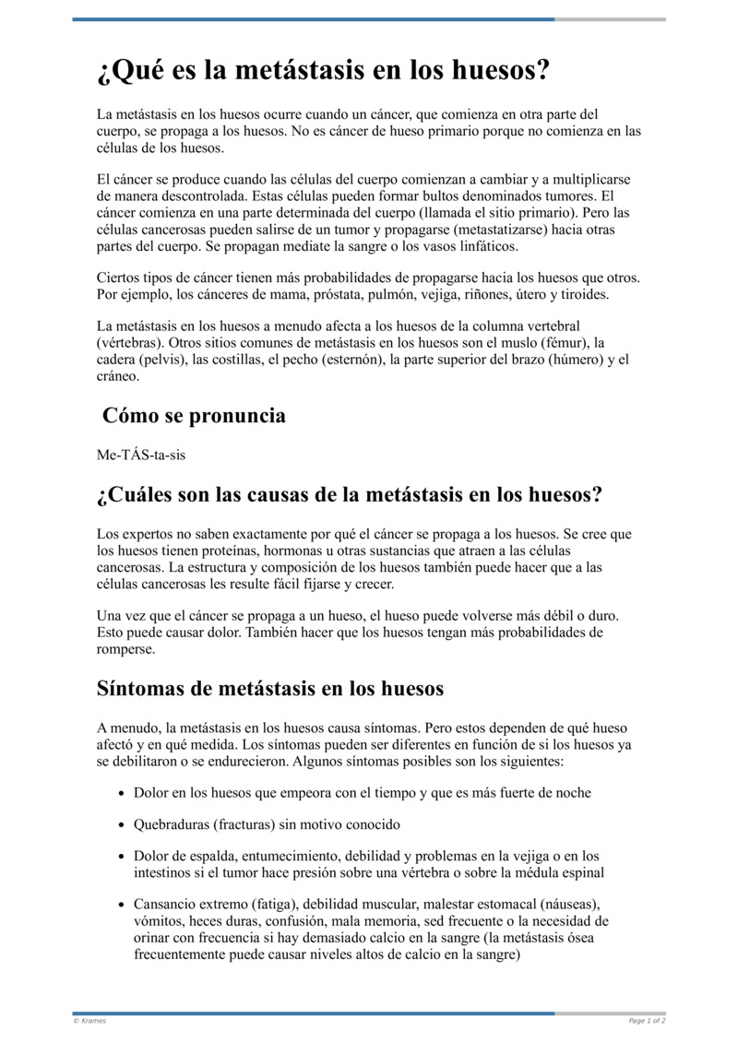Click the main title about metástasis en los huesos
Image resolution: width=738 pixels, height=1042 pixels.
tap(323, 70)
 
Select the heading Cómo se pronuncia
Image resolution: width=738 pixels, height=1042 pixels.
tap(194, 416)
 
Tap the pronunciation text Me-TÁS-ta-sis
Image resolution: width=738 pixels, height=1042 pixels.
tap(134, 456)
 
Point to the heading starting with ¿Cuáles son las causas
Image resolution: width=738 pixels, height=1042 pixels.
tap(349, 495)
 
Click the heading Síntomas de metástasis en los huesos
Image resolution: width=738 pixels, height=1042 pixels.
tap(270, 689)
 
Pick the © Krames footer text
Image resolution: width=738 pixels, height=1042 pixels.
tap(89, 1021)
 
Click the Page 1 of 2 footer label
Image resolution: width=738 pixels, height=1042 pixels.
tap(647, 1021)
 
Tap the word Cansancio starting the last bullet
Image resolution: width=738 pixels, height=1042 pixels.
tap(164, 904)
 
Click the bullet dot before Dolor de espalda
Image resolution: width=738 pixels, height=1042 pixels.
tap(123, 857)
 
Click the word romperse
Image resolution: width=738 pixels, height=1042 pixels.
tap(125, 648)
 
